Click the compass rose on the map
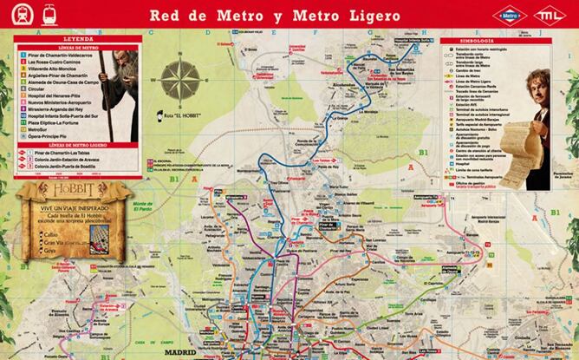click(x=182, y=84)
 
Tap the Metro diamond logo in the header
click(x=510, y=15)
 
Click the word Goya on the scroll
click(x=50, y=252)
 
